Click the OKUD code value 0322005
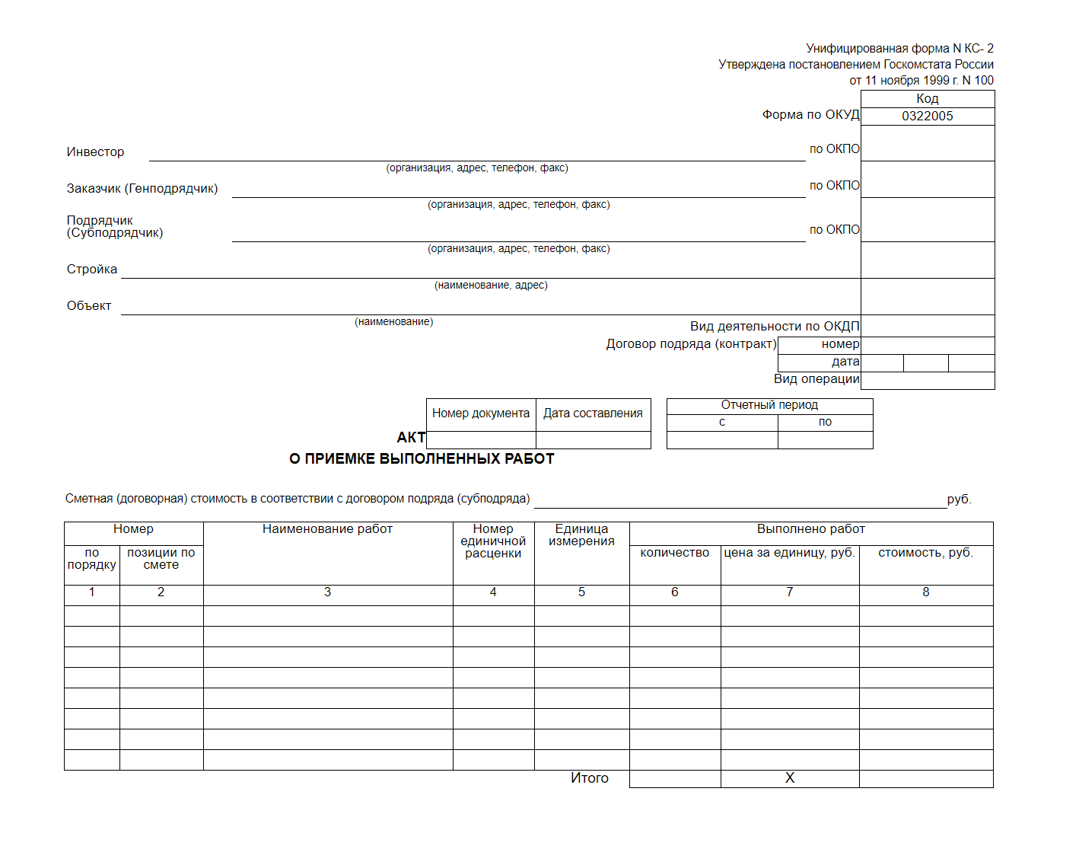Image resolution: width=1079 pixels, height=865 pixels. click(927, 116)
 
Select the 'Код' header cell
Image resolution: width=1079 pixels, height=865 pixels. click(927, 98)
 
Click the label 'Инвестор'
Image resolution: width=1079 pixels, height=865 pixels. click(95, 152)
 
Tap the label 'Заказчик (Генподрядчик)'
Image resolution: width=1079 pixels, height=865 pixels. click(142, 189)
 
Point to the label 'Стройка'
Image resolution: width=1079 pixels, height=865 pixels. click(92, 270)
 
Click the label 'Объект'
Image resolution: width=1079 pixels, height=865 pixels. click(89, 306)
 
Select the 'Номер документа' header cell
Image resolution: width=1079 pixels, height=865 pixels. click(481, 413)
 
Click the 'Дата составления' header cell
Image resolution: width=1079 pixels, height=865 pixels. click(593, 413)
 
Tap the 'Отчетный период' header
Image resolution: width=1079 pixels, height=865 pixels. click(769, 405)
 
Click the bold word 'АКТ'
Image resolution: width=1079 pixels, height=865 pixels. click(411, 437)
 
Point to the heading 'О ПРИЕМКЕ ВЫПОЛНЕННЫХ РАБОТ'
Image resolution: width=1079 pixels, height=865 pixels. click(422, 458)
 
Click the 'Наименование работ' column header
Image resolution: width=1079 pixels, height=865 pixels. click(327, 529)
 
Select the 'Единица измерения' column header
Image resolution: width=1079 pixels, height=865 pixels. click(581, 535)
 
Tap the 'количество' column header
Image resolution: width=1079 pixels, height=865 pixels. click(674, 553)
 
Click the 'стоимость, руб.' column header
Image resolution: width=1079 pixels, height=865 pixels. click(925, 553)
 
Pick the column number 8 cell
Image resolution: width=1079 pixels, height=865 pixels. click(925, 592)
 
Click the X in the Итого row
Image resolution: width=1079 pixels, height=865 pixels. click(789, 778)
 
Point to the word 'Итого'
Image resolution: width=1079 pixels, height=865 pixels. click(590, 778)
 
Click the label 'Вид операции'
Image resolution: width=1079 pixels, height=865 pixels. click(816, 379)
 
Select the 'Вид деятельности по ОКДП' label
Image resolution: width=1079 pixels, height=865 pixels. click(775, 327)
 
